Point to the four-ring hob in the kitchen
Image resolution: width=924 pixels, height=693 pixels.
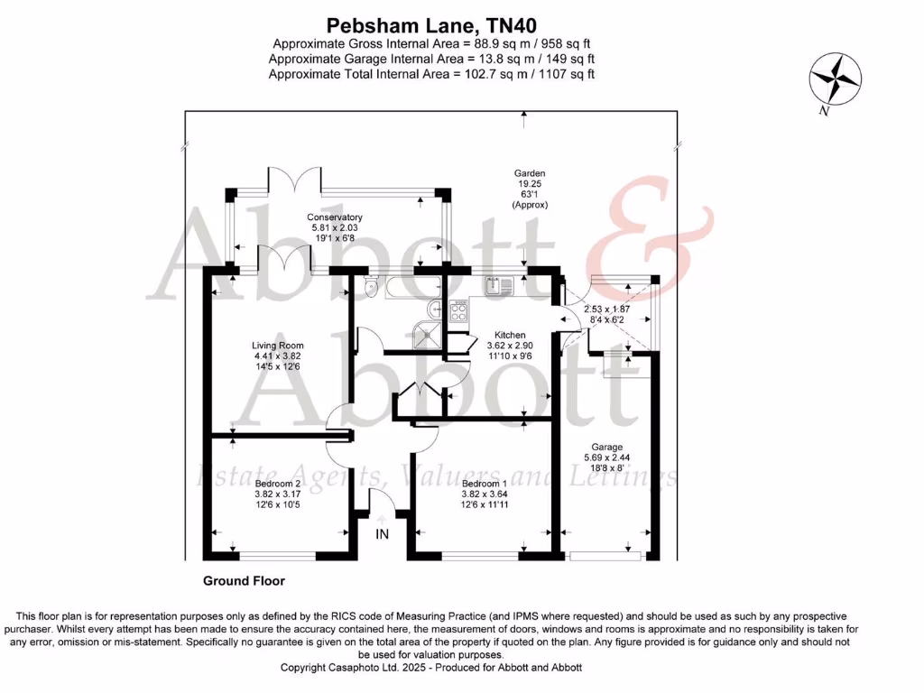point(458,312)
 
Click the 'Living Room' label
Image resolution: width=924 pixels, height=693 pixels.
point(277,345)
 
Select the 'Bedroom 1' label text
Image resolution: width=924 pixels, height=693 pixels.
point(477,483)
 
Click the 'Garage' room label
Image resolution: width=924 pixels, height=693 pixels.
point(606,447)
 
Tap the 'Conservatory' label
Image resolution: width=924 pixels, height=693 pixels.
point(334,217)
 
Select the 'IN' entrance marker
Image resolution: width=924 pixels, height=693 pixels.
point(383,534)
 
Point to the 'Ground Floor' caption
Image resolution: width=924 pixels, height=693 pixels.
point(243,581)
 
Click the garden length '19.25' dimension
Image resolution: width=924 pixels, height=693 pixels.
point(530,183)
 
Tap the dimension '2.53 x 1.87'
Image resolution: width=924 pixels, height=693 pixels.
point(606,310)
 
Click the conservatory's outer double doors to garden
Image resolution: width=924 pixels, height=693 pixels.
point(293,179)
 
